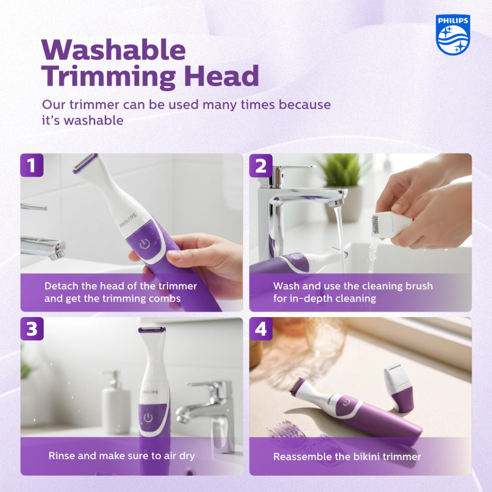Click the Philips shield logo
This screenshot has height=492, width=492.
pos(453,35)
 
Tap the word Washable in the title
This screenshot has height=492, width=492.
pos(113,50)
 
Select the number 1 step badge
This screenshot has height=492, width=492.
pos(32,165)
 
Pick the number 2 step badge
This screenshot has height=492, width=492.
pos(261,165)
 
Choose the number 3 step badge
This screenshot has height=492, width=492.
pos(32,329)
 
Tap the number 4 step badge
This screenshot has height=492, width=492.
pos(261,329)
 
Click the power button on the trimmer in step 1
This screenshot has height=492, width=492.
pos(145,244)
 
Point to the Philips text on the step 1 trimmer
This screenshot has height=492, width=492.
pos(128,220)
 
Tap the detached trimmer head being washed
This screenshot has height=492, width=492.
pos(391,223)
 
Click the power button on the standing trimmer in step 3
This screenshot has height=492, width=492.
pos(148,418)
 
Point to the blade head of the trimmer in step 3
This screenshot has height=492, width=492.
pos(152,329)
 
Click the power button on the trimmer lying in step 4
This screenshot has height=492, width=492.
pos(346,402)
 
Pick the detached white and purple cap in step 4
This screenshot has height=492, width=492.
pos(398,388)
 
